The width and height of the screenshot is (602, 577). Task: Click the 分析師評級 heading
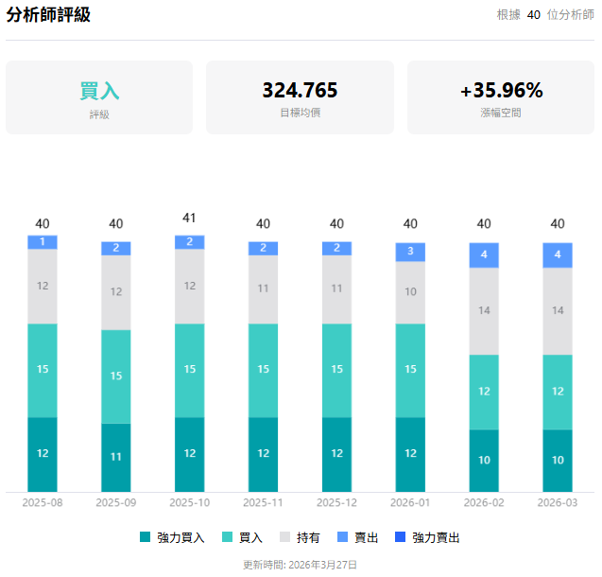coord(48,15)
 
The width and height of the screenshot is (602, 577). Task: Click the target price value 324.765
coord(300,91)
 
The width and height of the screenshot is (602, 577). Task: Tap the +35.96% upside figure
coord(501,91)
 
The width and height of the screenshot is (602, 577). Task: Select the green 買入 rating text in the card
coord(99,92)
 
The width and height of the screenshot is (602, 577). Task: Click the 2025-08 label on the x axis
coord(43,502)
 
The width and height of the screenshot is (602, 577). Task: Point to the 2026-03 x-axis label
coord(558,502)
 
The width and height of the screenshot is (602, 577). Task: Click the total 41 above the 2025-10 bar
coord(189,218)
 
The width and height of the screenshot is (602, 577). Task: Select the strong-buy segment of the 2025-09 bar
coord(116,457)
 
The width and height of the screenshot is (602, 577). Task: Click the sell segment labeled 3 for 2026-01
coord(410,252)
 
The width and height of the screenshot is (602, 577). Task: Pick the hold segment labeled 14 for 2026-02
coord(484,310)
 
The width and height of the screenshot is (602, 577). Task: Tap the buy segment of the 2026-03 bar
coord(558,392)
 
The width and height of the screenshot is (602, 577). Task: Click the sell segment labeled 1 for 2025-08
coord(43,242)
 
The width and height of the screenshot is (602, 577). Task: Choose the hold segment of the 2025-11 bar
coord(263,289)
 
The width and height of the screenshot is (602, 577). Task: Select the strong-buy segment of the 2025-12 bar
coord(336,454)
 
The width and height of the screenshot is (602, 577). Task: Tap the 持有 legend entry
coord(300,537)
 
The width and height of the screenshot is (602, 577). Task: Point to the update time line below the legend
coord(300,564)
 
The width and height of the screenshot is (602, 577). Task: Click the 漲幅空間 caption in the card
coord(501,113)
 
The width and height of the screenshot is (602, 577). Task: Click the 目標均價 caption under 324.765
coord(300,113)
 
